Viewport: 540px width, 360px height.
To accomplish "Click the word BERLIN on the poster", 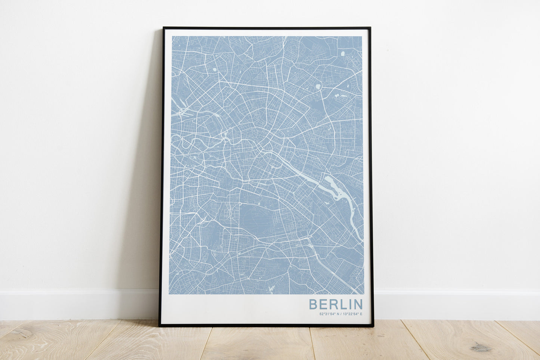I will pyautogui.click(x=336, y=304).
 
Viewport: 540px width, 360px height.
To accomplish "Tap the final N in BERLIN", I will pyautogui.click(x=357, y=304).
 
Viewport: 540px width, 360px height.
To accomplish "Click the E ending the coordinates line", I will pyautogui.click(x=361, y=314).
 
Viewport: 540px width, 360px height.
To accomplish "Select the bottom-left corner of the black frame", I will pyautogui.click(x=160, y=326).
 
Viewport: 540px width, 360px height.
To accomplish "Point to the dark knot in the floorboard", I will pyautogui.click(x=481, y=348).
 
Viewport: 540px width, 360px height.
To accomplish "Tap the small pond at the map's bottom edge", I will pyautogui.click(x=271, y=289).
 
